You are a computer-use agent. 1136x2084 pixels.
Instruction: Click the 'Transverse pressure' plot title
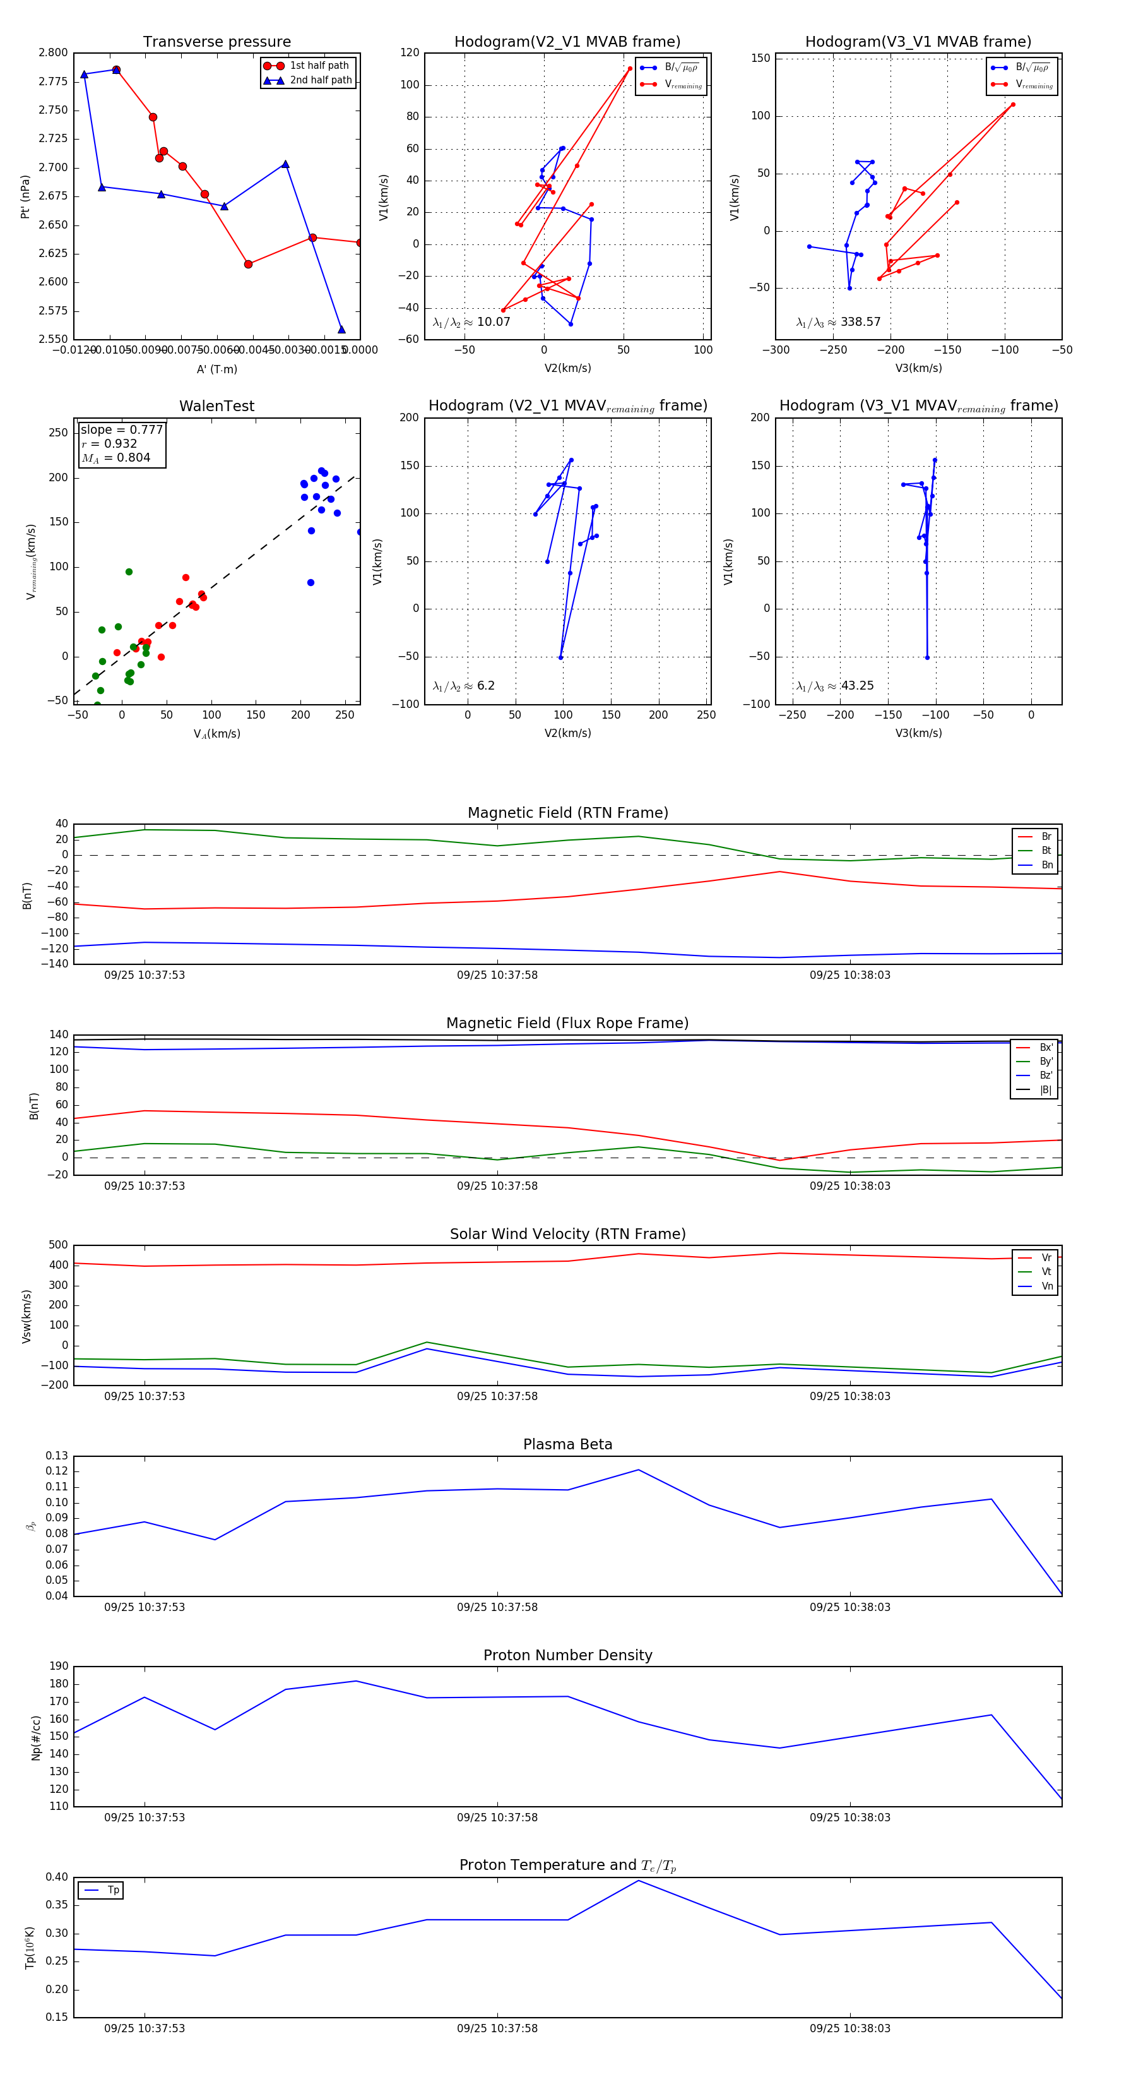[216, 42]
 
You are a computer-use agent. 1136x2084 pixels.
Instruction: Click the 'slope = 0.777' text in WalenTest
[121, 429]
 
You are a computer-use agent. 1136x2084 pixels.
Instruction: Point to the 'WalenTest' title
[216, 406]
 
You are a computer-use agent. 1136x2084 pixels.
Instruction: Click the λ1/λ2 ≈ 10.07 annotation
[471, 322]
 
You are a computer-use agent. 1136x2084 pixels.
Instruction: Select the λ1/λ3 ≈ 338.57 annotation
[839, 322]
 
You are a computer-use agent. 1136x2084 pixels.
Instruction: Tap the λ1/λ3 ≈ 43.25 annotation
[835, 686]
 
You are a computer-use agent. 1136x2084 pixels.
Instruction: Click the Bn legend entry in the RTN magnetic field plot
[1046, 865]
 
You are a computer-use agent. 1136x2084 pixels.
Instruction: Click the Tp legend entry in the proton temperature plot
[112, 1890]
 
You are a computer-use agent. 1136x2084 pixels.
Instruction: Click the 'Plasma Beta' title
[567, 1444]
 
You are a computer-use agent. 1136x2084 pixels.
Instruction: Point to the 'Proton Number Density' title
[567, 1655]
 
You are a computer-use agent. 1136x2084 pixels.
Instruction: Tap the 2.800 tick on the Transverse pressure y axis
[54, 52]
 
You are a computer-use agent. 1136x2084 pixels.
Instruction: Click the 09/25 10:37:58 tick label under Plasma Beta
[497, 1607]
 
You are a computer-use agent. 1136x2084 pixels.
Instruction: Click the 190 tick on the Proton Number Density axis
[59, 1666]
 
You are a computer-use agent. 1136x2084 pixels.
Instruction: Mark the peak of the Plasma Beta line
[638, 1470]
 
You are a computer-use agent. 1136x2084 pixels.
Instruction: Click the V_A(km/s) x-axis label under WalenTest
[216, 734]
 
